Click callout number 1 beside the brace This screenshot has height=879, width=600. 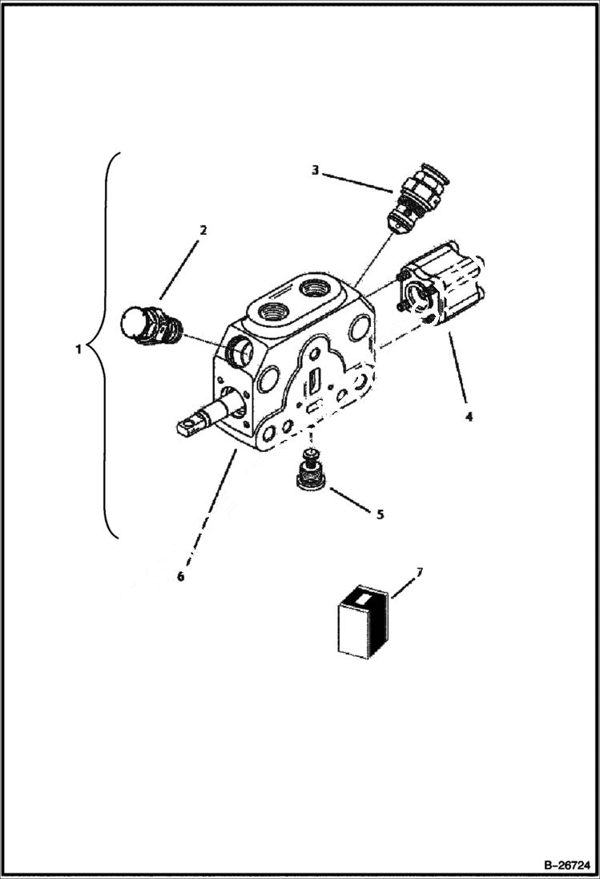tap(79, 349)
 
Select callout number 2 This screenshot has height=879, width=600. tap(203, 230)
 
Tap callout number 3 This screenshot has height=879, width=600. tap(316, 170)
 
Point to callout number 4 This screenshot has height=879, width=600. tap(469, 416)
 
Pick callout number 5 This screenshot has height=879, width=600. tap(380, 514)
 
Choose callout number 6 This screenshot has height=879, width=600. tap(181, 575)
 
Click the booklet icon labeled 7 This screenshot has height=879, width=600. tap(362, 624)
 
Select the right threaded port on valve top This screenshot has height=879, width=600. tap(316, 288)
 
